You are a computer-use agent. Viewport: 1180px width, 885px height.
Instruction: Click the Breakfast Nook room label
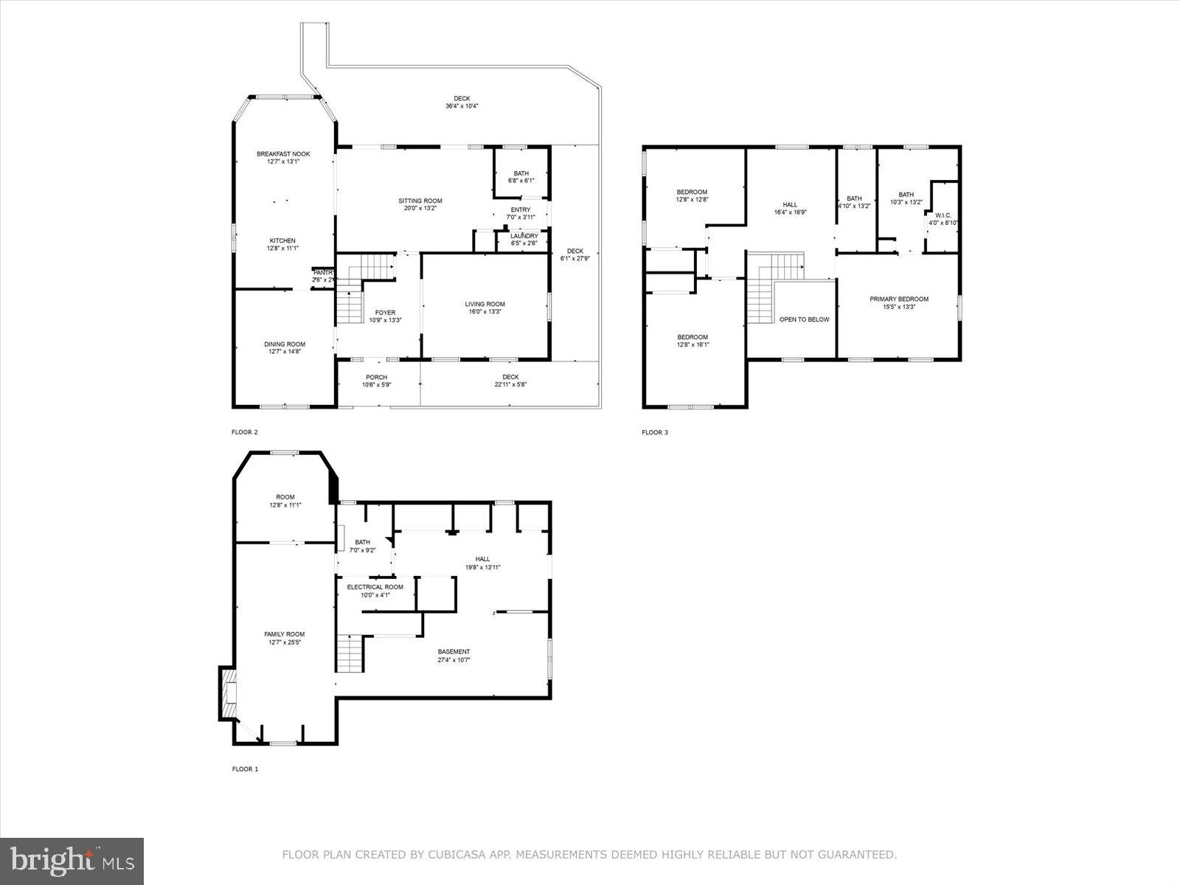pos(283,154)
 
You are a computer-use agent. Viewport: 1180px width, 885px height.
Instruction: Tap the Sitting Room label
pos(420,201)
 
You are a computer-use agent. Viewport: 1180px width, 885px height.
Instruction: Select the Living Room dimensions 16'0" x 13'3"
pos(485,312)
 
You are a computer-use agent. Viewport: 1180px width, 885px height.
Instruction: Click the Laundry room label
pos(524,236)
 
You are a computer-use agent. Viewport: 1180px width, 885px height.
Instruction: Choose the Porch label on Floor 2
pos(376,378)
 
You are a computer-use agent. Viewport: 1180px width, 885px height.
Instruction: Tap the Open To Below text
pos(804,319)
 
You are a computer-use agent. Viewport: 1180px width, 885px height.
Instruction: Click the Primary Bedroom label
pos(898,299)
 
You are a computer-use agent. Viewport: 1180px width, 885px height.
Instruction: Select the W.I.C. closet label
pos(943,215)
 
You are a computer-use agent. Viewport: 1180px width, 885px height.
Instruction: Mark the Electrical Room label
pos(375,587)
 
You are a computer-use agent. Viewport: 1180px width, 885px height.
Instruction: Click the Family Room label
pos(284,634)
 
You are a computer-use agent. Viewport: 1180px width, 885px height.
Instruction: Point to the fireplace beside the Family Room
pos(229,693)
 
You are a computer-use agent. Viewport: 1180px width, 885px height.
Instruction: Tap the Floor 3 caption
pos(654,433)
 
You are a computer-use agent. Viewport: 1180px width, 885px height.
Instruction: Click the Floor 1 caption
pos(245,769)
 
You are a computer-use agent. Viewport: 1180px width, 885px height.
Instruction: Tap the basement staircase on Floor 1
pos(351,653)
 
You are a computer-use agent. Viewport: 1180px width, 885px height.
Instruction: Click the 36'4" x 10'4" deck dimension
pos(462,106)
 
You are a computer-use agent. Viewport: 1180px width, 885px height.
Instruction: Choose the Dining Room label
pos(285,344)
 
